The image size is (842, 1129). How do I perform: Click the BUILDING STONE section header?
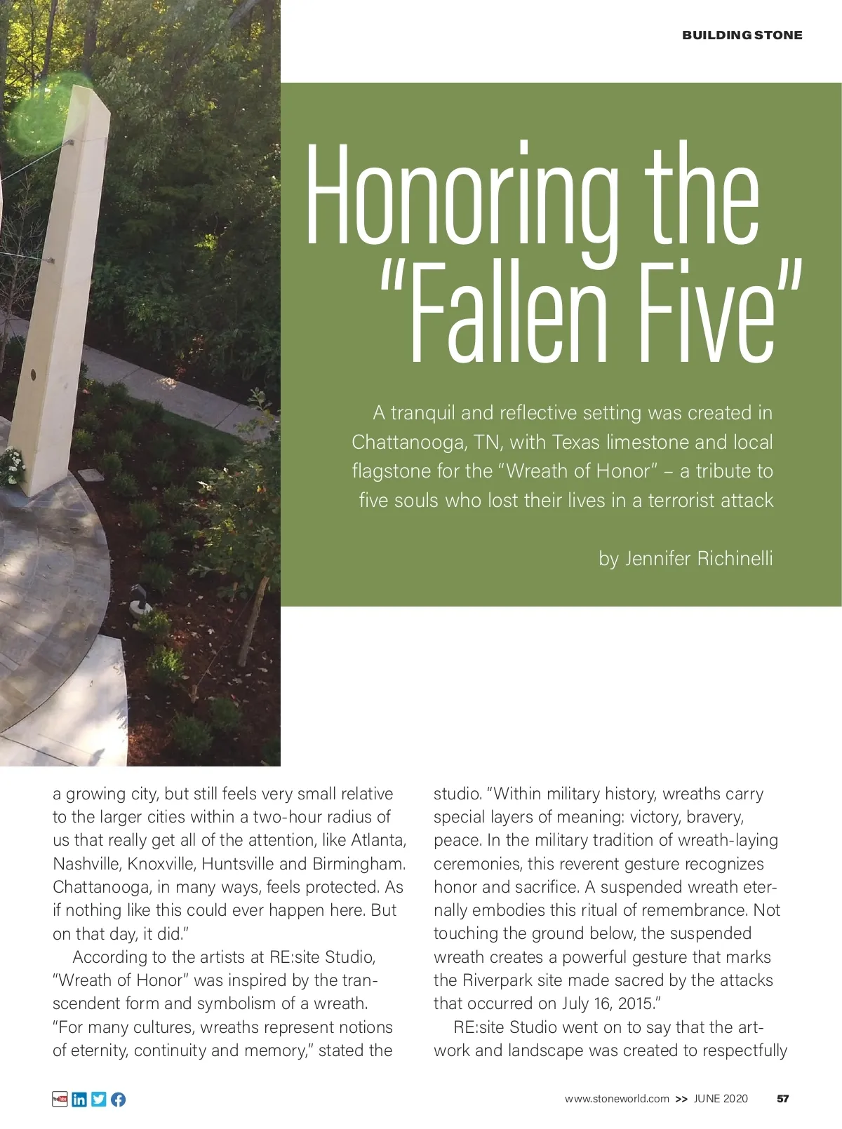pyautogui.click(x=742, y=35)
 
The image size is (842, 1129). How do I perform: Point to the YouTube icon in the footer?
pyautogui.click(x=60, y=1099)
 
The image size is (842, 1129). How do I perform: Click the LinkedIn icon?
pyautogui.click(x=79, y=1099)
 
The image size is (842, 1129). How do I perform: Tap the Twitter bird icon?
pyautogui.click(x=99, y=1099)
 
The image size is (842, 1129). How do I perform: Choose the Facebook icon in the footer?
pyautogui.click(x=118, y=1099)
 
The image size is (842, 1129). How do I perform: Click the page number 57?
pyautogui.click(x=783, y=1099)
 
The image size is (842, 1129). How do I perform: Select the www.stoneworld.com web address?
pyautogui.click(x=617, y=1099)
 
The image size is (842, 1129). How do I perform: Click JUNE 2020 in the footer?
pyautogui.click(x=721, y=1099)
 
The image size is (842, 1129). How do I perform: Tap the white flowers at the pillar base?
pyautogui.click(x=13, y=466)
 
